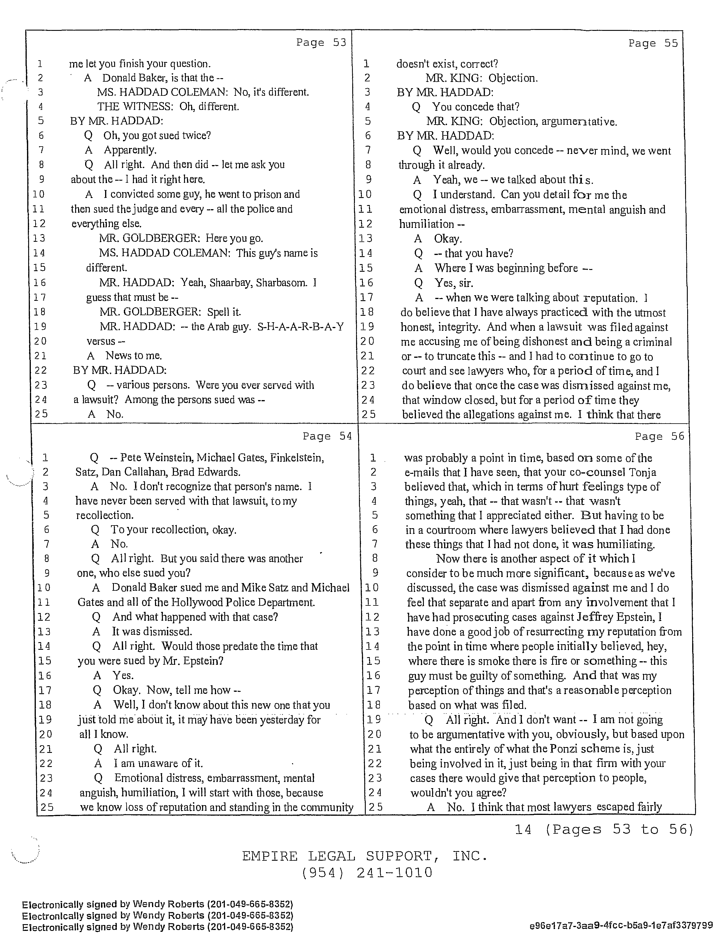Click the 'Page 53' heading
pyautogui.click(x=321, y=43)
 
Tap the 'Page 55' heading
pyautogui.click(x=653, y=43)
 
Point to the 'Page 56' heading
pyautogui.click(x=660, y=437)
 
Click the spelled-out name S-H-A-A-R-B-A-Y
pyautogui.click(x=301, y=327)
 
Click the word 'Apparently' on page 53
pyautogui.click(x=130, y=150)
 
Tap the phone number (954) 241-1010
pyautogui.click(x=367, y=873)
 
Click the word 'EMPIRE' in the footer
pyautogui.click(x=270, y=856)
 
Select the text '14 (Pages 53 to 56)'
pyautogui.click(x=604, y=830)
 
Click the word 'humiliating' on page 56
pyautogui.click(x=626, y=544)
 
